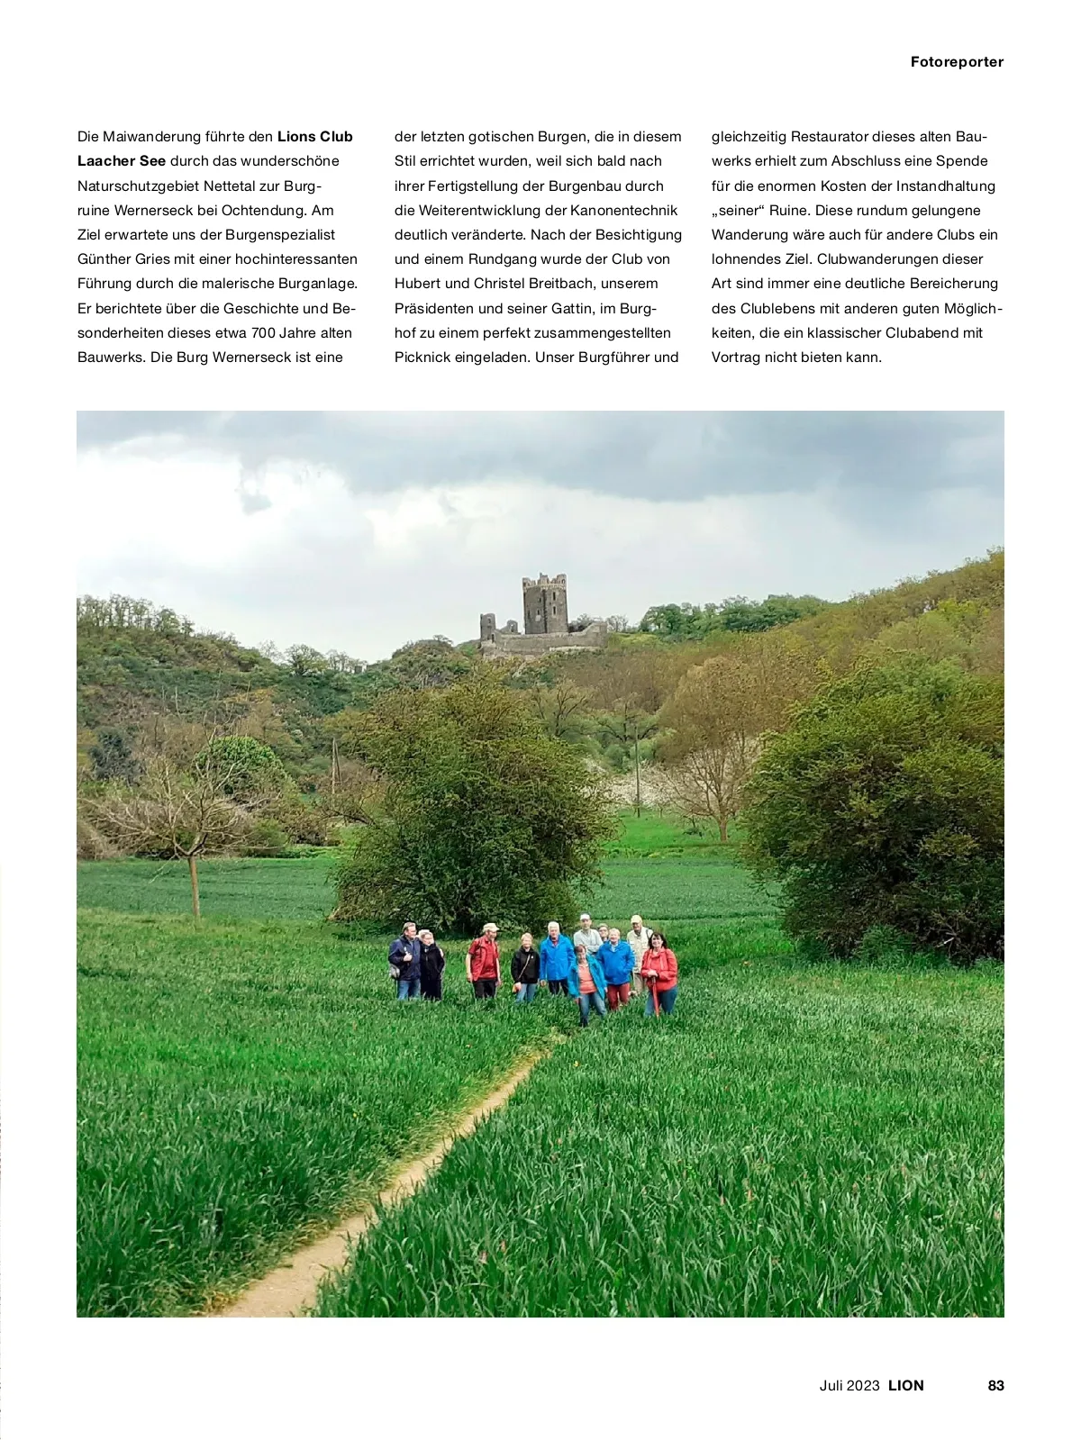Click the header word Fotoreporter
957,62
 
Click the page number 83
995,1385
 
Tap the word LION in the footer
905,1385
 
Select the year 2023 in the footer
863,1385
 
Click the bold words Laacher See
122,161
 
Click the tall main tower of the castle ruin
545,604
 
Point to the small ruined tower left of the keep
487,627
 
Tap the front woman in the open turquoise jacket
587,982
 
